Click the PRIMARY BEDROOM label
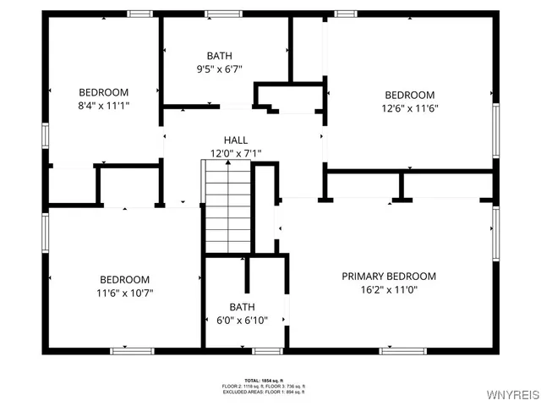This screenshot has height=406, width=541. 389,277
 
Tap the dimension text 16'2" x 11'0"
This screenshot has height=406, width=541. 389,289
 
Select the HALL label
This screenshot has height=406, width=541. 236,140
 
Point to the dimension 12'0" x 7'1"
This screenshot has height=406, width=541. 236,153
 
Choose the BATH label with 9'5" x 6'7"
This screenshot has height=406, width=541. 219,56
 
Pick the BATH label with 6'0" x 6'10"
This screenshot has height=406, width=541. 242,306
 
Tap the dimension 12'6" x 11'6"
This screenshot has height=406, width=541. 410,108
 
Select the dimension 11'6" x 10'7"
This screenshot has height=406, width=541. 125,293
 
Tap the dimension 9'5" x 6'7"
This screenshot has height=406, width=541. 219,69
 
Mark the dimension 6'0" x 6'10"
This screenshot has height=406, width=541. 242,320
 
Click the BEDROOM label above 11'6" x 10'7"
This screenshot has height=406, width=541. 125,280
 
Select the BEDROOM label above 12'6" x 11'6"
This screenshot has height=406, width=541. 410,96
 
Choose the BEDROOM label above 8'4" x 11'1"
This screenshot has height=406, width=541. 104,92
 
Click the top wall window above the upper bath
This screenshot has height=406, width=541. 223,14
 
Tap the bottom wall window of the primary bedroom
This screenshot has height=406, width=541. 397,350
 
